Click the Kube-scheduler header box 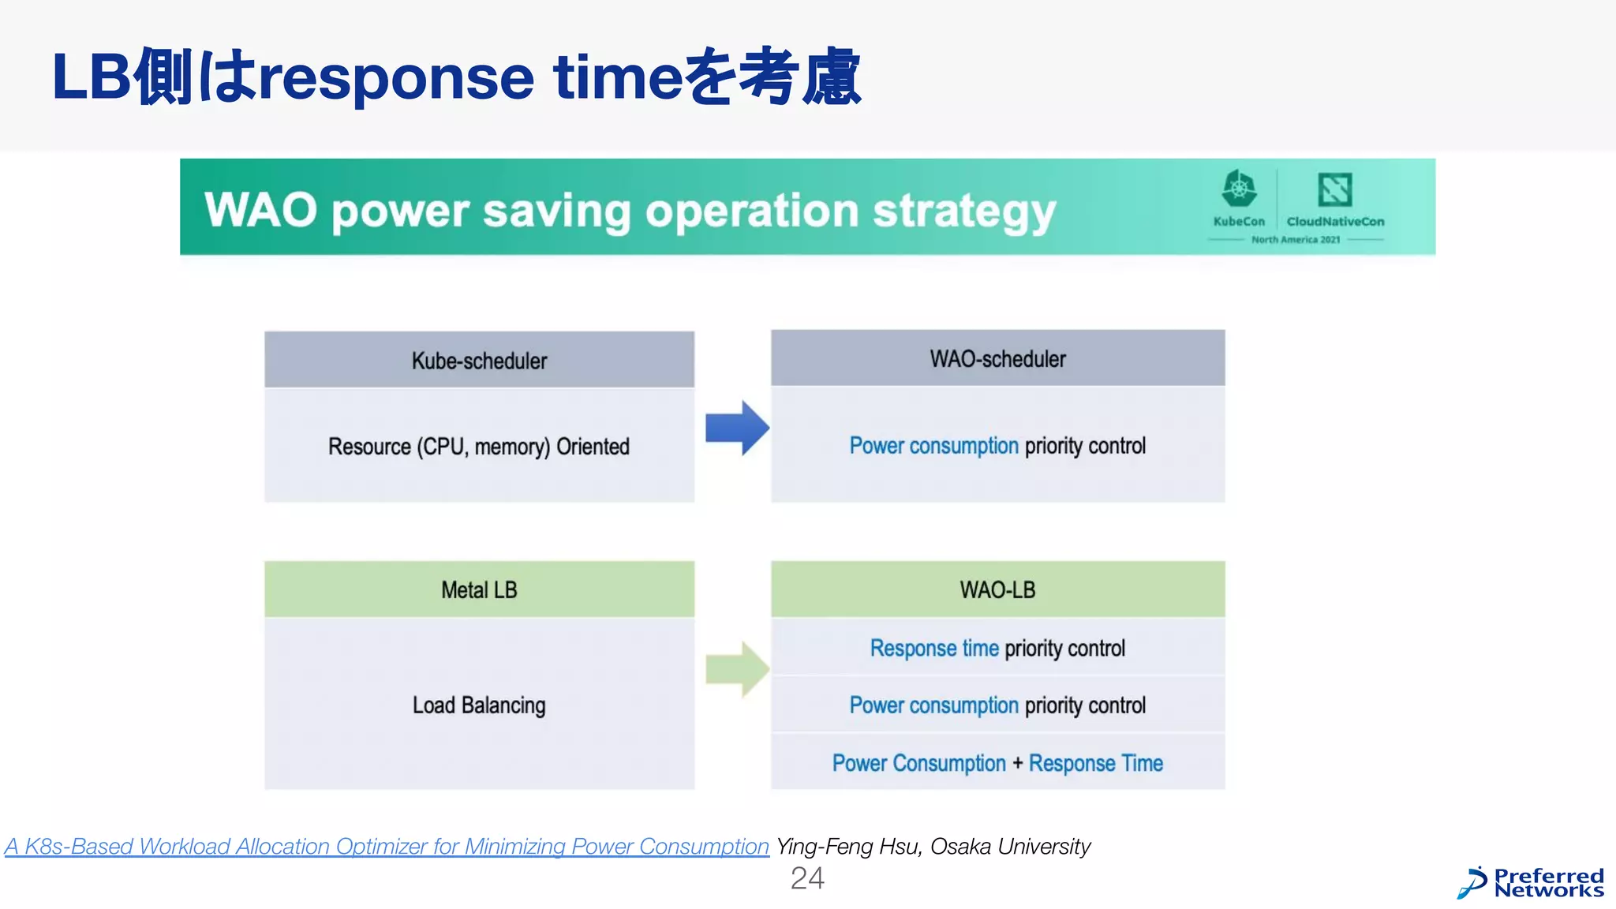[x=479, y=360]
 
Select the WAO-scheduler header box [x=997, y=358]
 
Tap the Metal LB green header [x=479, y=589]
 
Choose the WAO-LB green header [x=997, y=589]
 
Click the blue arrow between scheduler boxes [x=736, y=428]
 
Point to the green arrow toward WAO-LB [x=736, y=669]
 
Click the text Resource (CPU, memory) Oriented [x=479, y=447]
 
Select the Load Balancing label [x=479, y=705]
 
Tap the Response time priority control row [x=997, y=648]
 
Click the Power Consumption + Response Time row [x=997, y=763]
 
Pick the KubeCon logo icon [x=1239, y=189]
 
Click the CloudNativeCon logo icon [x=1335, y=189]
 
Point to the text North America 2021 [x=1296, y=239]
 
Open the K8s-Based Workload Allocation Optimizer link [x=387, y=846]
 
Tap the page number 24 [x=807, y=878]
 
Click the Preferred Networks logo [x=1531, y=882]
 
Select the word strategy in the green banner [x=964, y=211]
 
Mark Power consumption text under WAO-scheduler [x=933, y=446]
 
